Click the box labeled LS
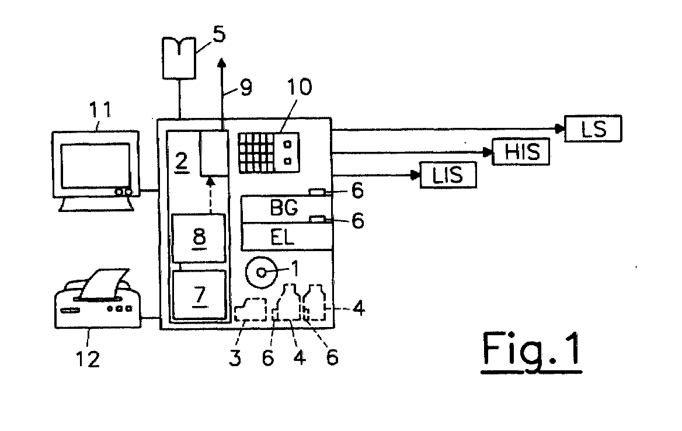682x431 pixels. click(593, 128)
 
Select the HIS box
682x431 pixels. click(521, 151)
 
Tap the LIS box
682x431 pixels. click(448, 175)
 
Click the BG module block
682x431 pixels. click(287, 210)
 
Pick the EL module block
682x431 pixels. click(287, 237)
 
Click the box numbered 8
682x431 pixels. click(199, 238)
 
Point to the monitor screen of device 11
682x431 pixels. click(95, 166)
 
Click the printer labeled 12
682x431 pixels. click(98, 299)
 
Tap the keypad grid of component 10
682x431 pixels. click(256, 152)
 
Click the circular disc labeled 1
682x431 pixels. click(261, 273)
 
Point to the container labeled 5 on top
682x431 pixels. click(179, 58)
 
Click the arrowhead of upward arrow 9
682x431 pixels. click(222, 64)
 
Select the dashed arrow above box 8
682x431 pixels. click(211, 195)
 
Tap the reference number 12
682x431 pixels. click(88, 359)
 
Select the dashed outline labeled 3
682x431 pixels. click(251, 309)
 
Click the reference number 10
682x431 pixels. click(299, 87)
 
